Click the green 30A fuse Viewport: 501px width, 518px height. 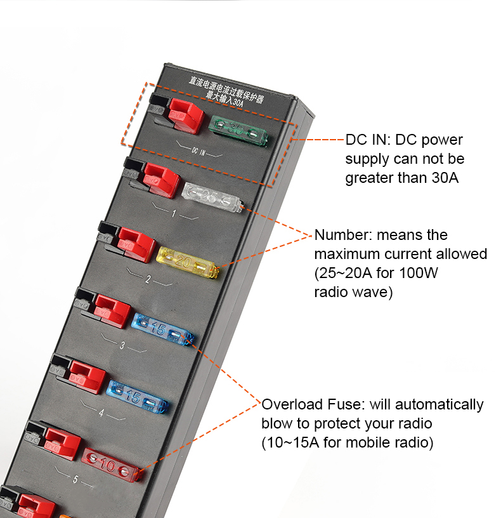click(x=238, y=130)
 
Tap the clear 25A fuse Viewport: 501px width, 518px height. click(x=212, y=197)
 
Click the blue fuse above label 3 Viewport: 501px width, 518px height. click(x=162, y=330)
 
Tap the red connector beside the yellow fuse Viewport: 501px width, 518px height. click(x=135, y=243)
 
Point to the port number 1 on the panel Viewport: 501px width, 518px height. click(x=174, y=213)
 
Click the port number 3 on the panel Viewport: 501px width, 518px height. click(x=123, y=345)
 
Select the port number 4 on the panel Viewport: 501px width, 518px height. click(x=100, y=413)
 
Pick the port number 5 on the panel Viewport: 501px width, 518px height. click(x=75, y=480)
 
